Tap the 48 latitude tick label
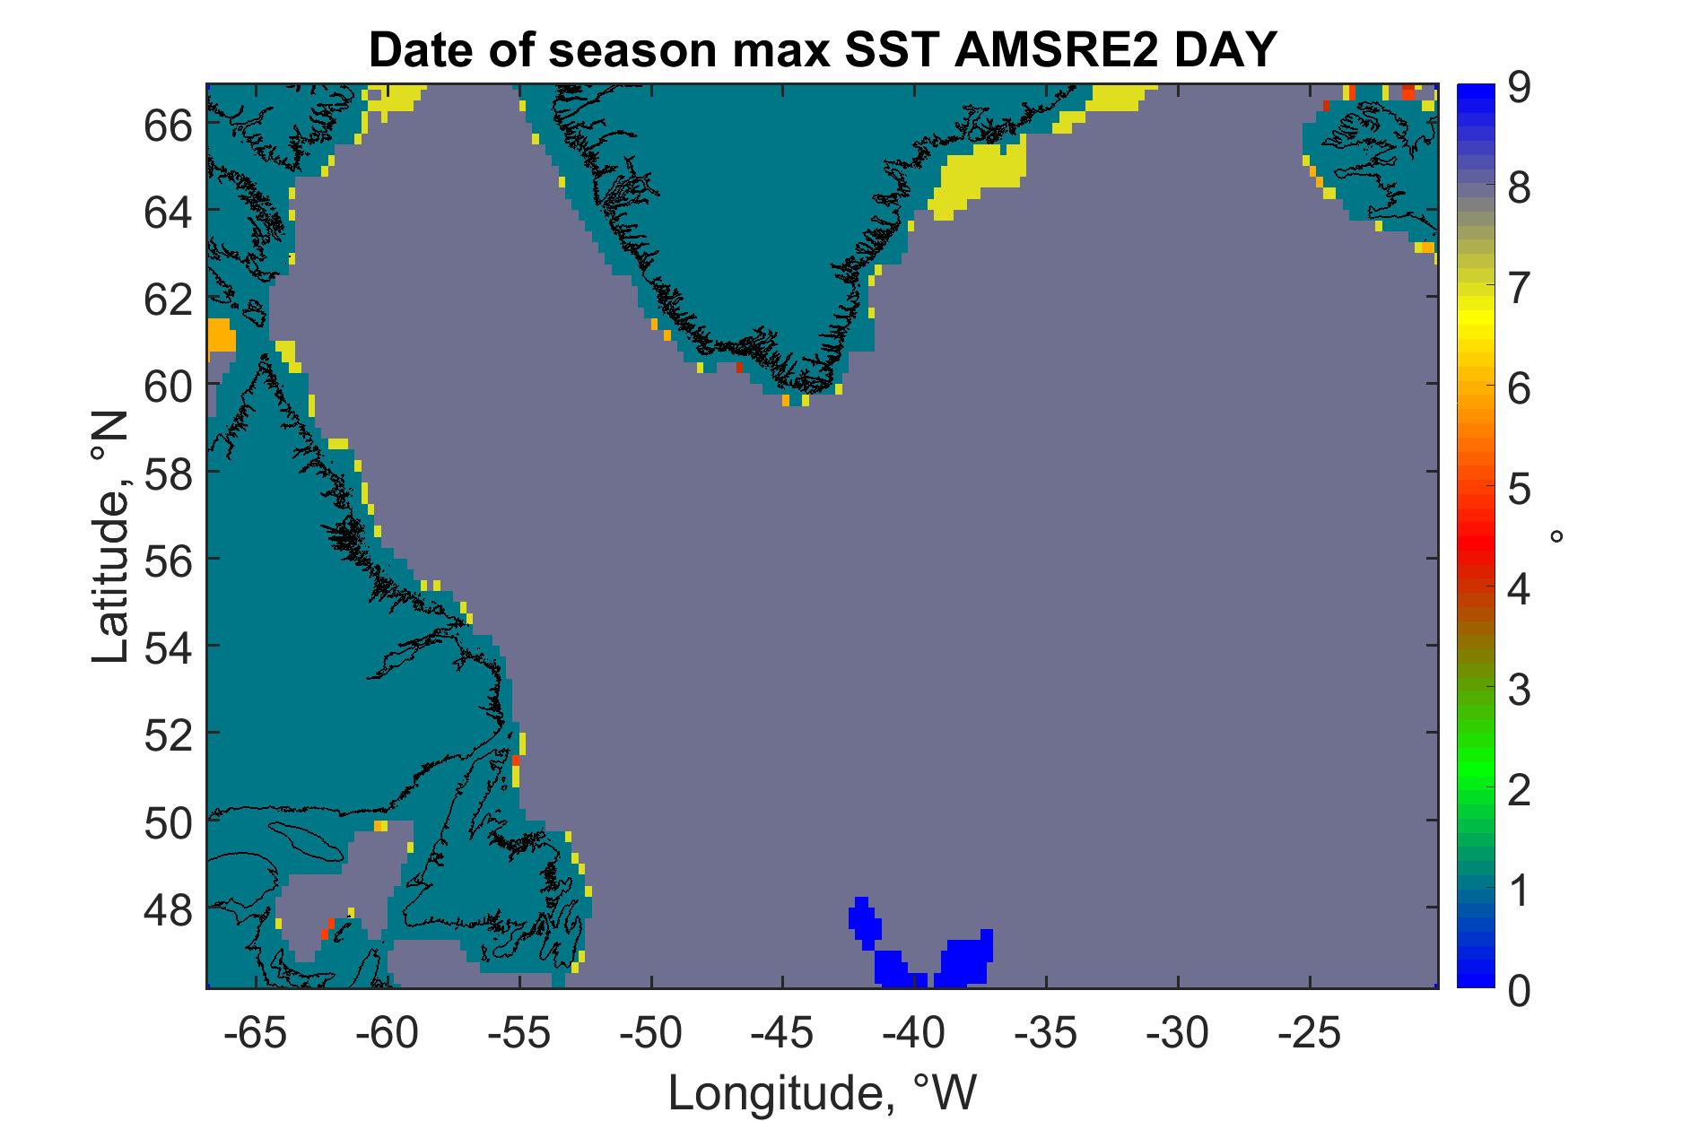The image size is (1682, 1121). coord(168,910)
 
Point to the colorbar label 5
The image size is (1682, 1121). coord(1518,490)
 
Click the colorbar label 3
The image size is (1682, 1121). coord(1518,691)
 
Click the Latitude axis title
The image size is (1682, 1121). coord(111,538)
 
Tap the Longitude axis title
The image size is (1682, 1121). coord(823,1092)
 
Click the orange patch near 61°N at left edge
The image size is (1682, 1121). coord(221,335)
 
